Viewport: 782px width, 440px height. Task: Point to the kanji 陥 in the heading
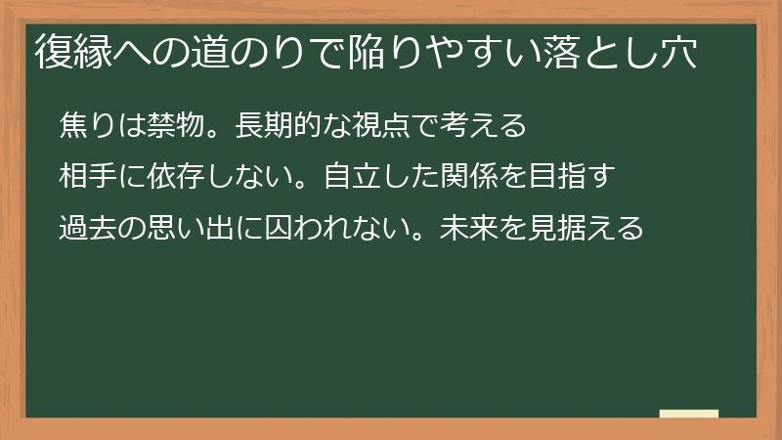coord(366,52)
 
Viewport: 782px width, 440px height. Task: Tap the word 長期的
coord(280,126)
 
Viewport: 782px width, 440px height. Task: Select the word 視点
coord(383,126)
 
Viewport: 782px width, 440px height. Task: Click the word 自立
coord(354,178)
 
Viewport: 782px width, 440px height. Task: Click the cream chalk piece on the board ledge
coord(689,414)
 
